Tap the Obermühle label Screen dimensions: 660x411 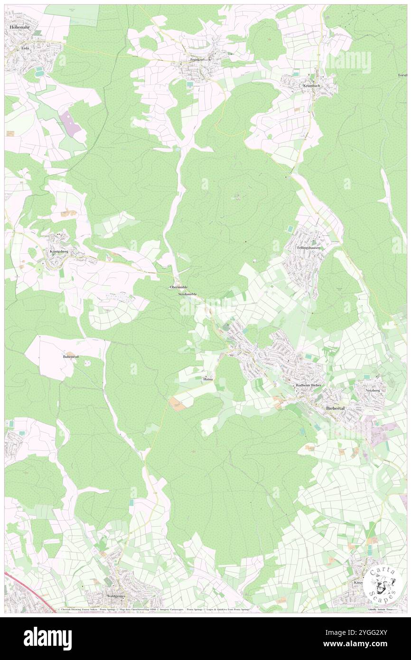click(178, 287)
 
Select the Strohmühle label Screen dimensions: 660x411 click(187, 294)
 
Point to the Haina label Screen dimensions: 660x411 click(207, 379)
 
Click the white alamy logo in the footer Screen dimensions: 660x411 click(47, 638)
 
